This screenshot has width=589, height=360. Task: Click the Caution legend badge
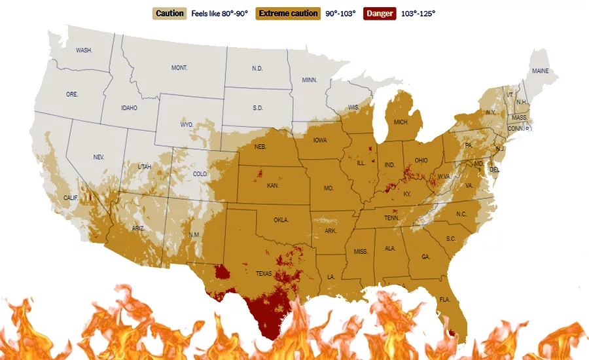pyautogui.click(x=170, y=13)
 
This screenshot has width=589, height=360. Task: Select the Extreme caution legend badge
pyautogui.click(x=288, y=13)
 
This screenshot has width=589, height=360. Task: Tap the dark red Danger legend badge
pyautogui.click(x=380, y=13)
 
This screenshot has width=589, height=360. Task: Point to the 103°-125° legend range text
pyautogui.click(x=418, y=13)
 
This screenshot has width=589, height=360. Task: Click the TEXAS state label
pyautogui.click(x=264, y=274)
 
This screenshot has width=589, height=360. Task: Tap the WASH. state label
pyautogui.click(x=84, y=50)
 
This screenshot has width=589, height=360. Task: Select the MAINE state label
pyautogui.click(x=540, y=71)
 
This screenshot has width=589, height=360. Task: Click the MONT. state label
pyautogui.click(x=179, y=68)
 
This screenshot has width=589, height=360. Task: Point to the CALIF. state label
pyautogui.click(x=71, y=197)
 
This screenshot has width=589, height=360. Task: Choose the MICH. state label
pyautogui.click(x=401, y=122)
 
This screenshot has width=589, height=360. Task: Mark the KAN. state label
pyautogui.click(x=274, y=186)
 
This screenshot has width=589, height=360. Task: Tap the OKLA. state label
pyautogui.click(x=281, y=220)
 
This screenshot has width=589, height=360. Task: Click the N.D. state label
pyautogui.click(x=258, y=68)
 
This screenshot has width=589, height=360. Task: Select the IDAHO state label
pyautogui.click(x=129, y=108)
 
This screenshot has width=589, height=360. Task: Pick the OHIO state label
pyautogui.click(x=421, y=160)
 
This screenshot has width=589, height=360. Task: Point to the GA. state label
pyautogui.click(x=426, y=257)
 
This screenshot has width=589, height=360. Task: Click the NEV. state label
pyautogui.click(x=99, y=157)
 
